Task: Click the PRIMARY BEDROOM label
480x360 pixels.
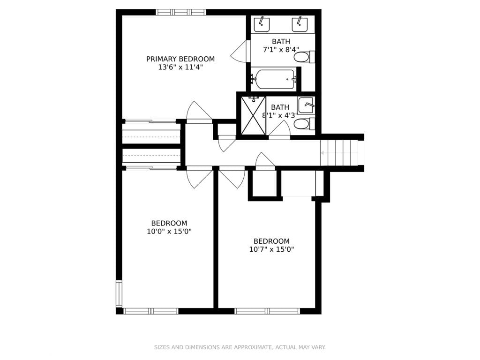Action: tap(180, 59)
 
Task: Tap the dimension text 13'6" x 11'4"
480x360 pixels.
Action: tap(180, 67)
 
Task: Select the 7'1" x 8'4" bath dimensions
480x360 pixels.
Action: tap(281, 49)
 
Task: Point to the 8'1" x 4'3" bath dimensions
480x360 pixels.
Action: tap(280, 115)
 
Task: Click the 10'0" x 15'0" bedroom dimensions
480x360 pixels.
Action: tap(169, 231)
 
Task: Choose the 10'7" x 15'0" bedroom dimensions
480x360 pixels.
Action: tap(271, 249)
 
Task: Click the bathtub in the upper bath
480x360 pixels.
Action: tap(274, 79)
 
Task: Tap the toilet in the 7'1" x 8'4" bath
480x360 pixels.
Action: tap(305, 57)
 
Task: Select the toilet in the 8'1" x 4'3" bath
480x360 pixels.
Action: tap(305, 124)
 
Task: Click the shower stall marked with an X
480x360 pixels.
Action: tap(253, 115)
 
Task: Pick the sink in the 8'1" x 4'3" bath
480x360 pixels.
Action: tap(306, 105)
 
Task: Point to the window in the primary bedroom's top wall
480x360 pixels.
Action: tap(181, 12)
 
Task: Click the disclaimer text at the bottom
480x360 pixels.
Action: tap(240, 347)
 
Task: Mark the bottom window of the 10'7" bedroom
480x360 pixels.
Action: tap(268, 311)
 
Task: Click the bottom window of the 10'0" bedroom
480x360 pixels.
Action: tap(150, 311)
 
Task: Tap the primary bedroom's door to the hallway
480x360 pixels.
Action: tap(199, 112)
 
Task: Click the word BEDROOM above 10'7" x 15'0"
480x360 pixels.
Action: tap(271, 241)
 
